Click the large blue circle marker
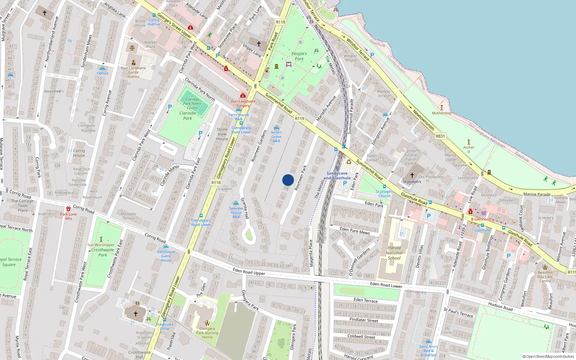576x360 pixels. point(288,180)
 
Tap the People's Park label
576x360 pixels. point(299,56)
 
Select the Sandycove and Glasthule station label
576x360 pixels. point(337,176)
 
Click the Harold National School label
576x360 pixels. point(394,253)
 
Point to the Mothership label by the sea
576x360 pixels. point(441,113)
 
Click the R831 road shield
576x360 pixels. point(440,136)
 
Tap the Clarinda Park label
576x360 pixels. point(188,116)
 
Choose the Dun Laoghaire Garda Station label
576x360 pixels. point(133,72)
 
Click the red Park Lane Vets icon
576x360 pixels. point(68,209)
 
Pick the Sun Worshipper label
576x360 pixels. point(101,245)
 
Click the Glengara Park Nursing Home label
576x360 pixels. point(207,333)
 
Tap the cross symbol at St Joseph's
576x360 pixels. point(412,175)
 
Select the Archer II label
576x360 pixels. point(469,149)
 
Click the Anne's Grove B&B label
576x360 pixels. point(276,136)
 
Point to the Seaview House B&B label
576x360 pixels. point(236,212)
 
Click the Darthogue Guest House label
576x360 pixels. point(166,256)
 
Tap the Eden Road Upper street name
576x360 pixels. point(249,271)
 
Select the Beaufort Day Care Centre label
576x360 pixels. point(545,276)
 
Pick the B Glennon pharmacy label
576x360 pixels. point(480,219)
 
